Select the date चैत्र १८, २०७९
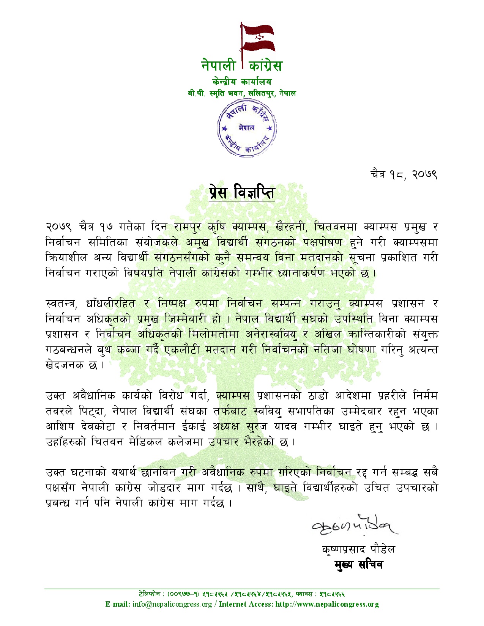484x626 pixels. click(x=404, y=175)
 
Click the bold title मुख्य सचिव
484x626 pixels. click(x=358, y=565)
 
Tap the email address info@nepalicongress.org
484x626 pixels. click(x=172, y=604)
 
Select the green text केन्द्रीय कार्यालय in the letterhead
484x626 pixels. click(x=242, y=82)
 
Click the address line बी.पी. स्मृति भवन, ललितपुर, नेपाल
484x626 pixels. click(x=242, y=93)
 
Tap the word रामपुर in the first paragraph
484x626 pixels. click(x=188, y=227)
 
